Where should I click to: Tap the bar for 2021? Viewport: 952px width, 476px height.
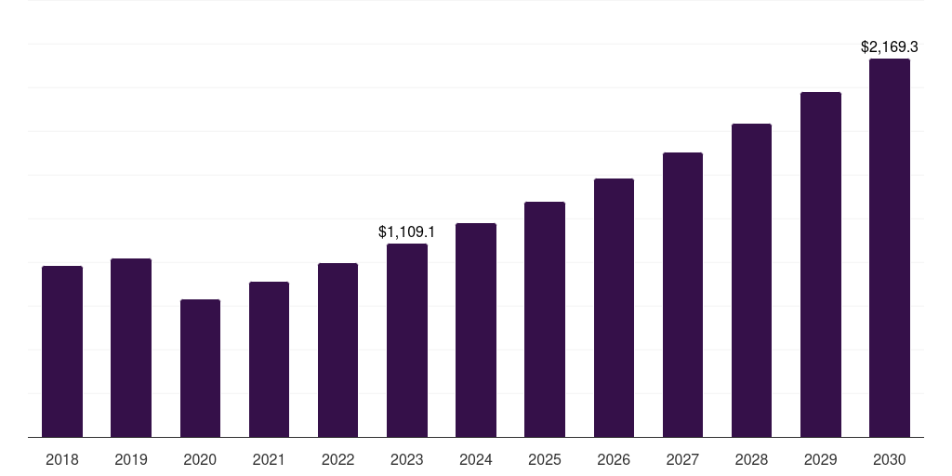click(269, 360)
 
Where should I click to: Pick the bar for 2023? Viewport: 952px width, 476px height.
click(407, 340)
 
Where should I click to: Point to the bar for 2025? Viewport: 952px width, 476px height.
click(545, 320)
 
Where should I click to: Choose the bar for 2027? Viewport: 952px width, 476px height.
click(682, 295)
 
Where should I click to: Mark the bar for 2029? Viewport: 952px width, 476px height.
click(821, 265)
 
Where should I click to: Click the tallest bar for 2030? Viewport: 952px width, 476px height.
click(890, 248)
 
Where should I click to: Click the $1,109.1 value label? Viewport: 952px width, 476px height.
click(406, 231)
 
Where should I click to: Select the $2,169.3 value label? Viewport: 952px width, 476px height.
click(890, 46)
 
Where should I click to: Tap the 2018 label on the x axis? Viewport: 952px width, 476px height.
click(62, 459)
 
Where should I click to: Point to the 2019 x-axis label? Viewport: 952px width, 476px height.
click(131, 459)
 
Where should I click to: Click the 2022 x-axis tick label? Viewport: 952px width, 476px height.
click(337, 459)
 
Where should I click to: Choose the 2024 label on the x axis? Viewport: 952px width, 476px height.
click(476, 459)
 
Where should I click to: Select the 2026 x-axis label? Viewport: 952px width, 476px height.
click(614, 459)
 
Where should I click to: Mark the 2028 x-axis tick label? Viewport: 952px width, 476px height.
click(751, 459)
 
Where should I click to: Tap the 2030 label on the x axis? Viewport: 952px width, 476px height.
click(890, 459)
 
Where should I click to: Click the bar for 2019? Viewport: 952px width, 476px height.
click(131, 348)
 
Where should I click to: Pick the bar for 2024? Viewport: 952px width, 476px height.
click(476, 330)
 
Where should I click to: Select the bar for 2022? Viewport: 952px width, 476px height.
click(337, 350)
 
